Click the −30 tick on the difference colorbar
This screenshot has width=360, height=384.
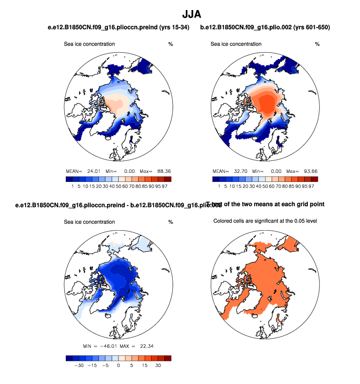point(78,366)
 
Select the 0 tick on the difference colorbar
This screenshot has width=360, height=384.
point(118,366)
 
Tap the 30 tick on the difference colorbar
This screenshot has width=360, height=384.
point(158,366)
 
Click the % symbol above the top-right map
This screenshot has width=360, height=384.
point(317,44)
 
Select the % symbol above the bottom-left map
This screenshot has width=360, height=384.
point(170,222)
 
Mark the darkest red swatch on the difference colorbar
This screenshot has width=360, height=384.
point(167,358)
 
